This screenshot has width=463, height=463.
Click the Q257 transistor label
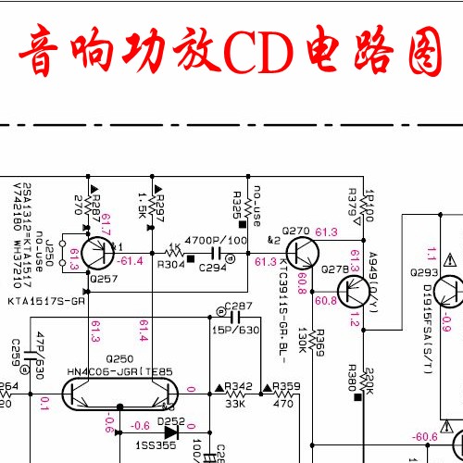coord(104,278)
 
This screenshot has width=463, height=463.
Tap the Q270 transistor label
coord(295,231)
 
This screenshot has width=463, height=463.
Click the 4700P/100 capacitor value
coord(217,240)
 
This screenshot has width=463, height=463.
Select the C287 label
coord(238,306)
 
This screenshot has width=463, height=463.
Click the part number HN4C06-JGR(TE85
coord(120,371)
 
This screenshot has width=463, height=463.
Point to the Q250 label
coord(120,358)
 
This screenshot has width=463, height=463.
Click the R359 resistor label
coord(286,386)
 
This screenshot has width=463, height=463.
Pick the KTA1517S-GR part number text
coord(46,301)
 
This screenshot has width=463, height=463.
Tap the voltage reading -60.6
coord(425,436)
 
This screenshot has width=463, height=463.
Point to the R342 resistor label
coord(238,386)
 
